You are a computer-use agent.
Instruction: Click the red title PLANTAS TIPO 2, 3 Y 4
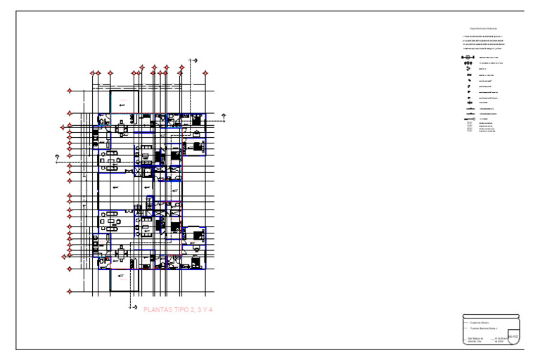point(177,309)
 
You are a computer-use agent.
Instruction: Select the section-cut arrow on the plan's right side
point(224,115)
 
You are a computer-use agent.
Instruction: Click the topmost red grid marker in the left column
point(69,91)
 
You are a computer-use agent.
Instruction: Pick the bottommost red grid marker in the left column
point(69,291)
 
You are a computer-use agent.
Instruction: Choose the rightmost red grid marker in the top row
point(205,72)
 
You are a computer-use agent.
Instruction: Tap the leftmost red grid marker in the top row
point(91,72)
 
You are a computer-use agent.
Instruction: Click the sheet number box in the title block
point(513,337)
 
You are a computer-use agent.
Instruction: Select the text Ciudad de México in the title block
point(480,323)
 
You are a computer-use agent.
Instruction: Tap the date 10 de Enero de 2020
point(500,340)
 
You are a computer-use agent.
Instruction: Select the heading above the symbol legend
point(484,28)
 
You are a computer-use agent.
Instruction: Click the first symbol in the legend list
point(467,56)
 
